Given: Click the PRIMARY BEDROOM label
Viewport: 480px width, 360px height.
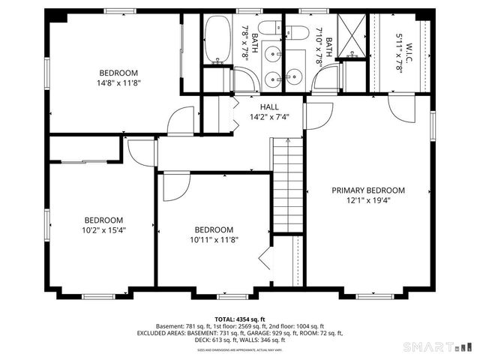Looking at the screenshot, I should [x=368, y=190].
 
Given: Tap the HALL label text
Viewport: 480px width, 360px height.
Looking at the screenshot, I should [x=269, y=107].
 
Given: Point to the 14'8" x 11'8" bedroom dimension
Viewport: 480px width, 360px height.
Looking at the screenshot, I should [x=120, y=83].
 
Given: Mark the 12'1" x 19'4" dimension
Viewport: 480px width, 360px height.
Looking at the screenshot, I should [x=368, y=200].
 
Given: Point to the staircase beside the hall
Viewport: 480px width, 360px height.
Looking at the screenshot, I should [x=288, y=187].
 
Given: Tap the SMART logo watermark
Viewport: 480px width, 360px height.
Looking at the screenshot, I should [x=439, y=347].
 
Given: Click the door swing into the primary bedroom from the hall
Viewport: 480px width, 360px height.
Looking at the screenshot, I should [x=318, y=115].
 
